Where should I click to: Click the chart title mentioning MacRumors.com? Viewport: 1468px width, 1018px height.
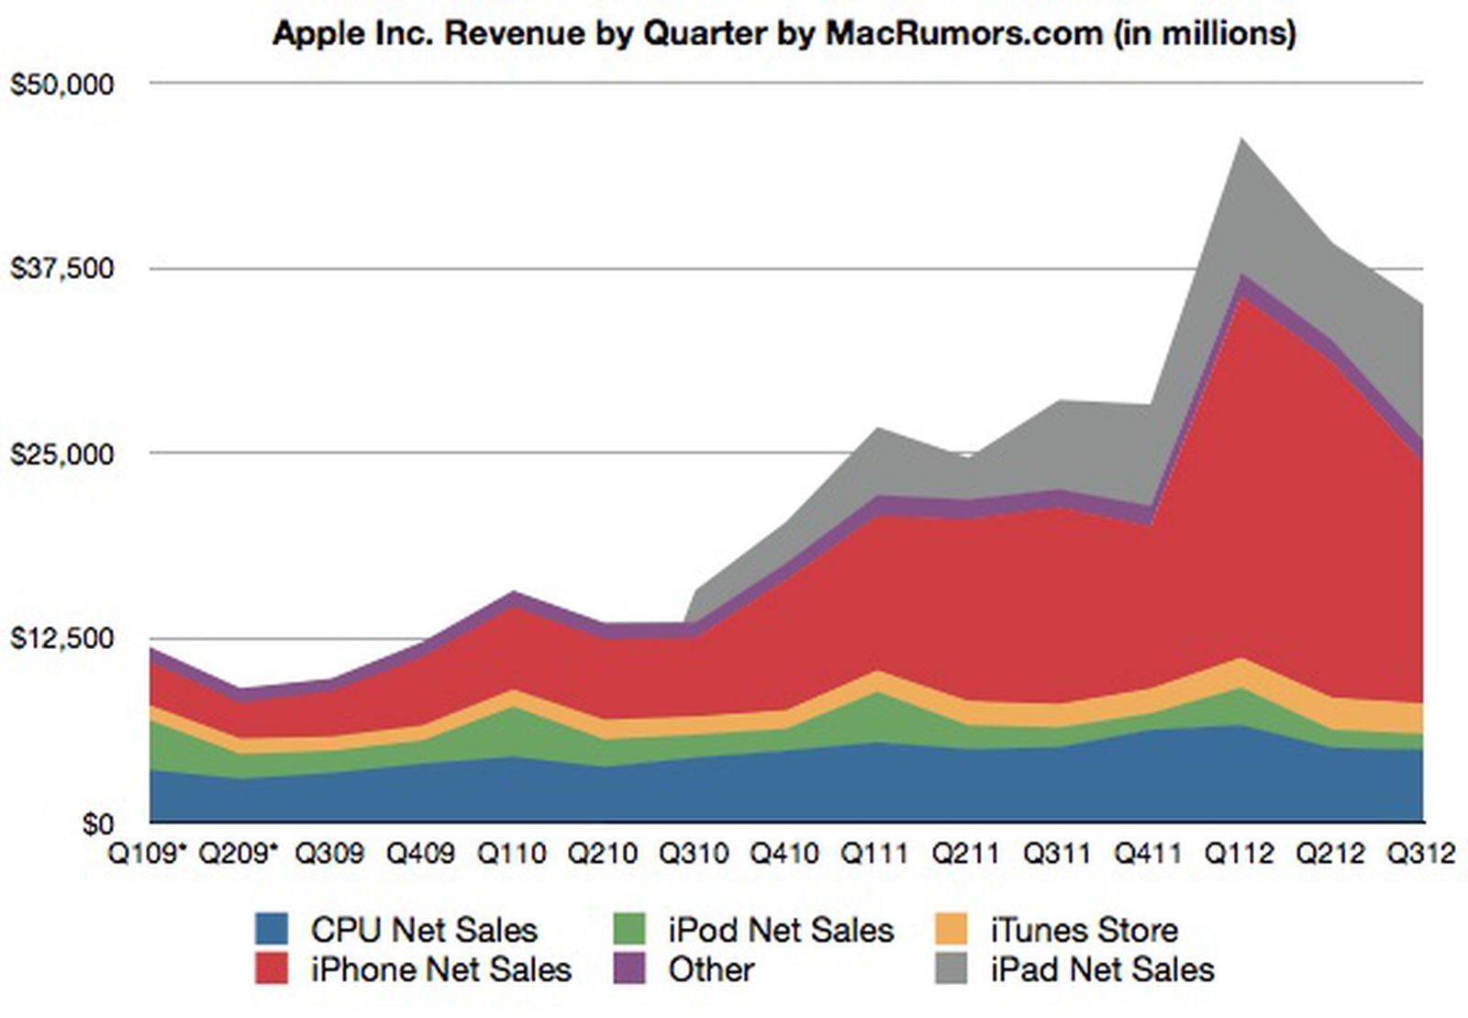(784, 33)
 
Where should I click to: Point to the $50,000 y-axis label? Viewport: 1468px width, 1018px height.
(62, 84)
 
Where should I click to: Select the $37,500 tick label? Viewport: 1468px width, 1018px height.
(62, 268)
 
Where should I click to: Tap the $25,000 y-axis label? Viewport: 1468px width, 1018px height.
(62, 453)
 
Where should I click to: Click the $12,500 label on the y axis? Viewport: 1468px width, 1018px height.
(62, 639)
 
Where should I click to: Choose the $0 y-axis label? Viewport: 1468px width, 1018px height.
(98, 824)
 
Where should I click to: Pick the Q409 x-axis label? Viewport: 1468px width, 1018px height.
(420, 854)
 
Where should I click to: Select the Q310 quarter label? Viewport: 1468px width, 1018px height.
(694, 854)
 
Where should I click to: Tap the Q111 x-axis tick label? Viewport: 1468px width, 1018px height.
(875, 854)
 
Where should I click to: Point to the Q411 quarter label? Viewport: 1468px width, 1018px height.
(1148, 854)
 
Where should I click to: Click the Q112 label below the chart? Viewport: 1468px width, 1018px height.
(1240, 854)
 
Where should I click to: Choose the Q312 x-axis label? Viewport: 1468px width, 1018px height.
(1421, 854)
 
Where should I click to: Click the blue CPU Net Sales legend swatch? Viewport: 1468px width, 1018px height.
(272, 929)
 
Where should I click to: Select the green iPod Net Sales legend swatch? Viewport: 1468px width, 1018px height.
(629, 929)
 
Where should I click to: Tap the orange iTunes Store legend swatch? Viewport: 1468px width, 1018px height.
(951, 929)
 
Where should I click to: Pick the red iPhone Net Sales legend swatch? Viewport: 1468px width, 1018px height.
(272, 968)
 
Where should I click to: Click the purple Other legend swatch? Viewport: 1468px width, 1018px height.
(629, 968)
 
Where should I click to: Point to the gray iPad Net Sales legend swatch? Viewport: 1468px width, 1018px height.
(951, 968)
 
